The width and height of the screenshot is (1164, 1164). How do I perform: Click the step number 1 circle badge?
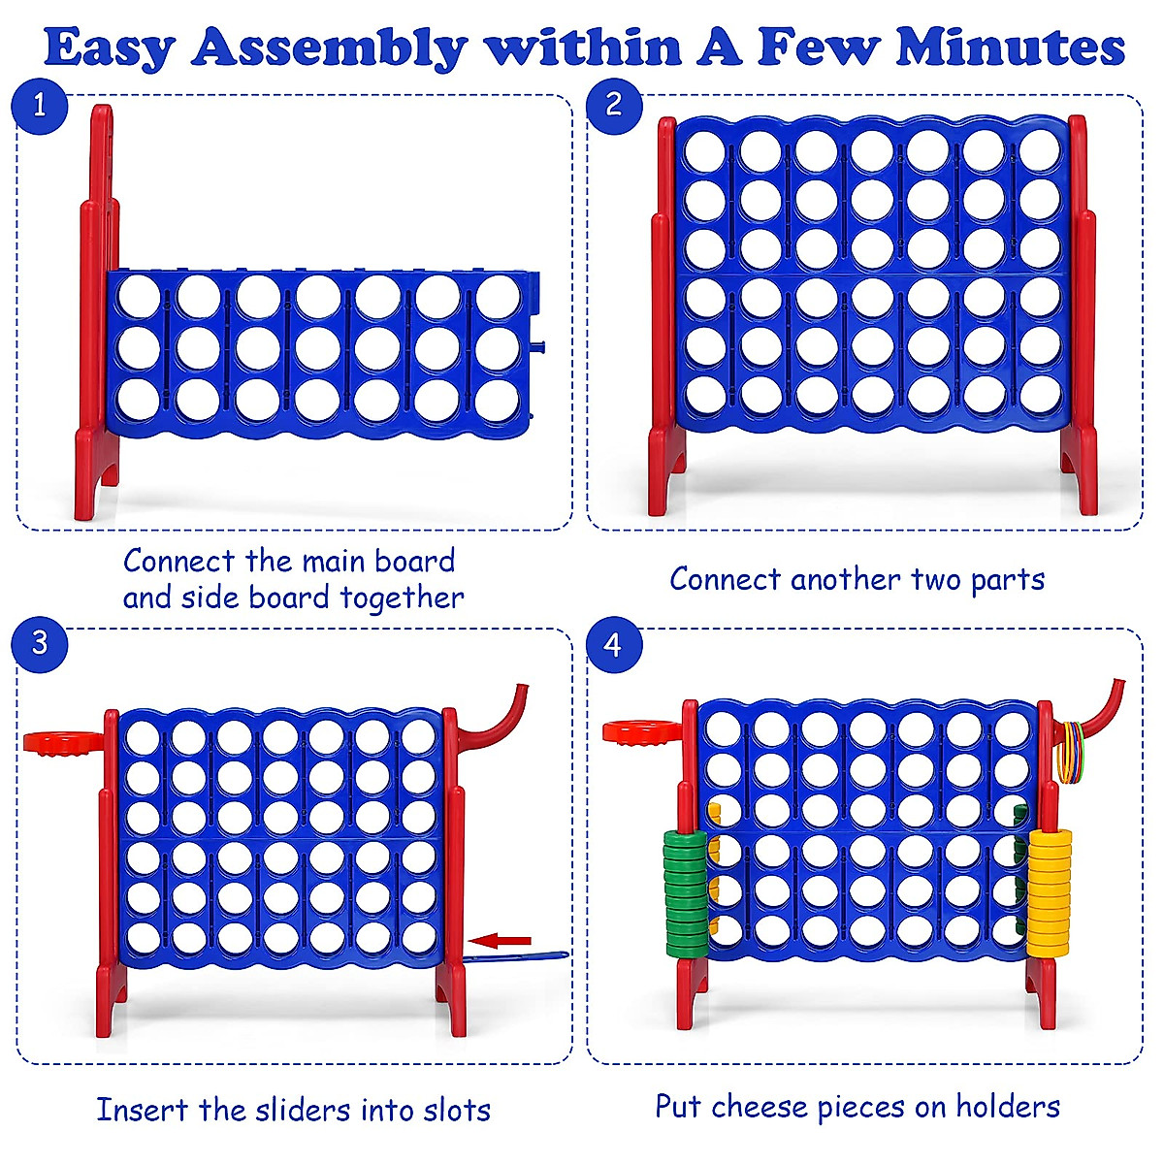40,105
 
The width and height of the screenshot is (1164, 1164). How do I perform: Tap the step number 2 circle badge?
613,105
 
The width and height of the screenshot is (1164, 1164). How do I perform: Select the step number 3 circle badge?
40,643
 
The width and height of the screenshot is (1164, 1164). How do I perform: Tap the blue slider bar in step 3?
514,956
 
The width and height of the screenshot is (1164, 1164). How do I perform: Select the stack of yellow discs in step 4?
1050,889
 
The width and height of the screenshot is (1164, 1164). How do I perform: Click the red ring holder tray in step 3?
62,743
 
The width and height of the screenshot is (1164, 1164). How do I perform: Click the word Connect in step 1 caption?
178,561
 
